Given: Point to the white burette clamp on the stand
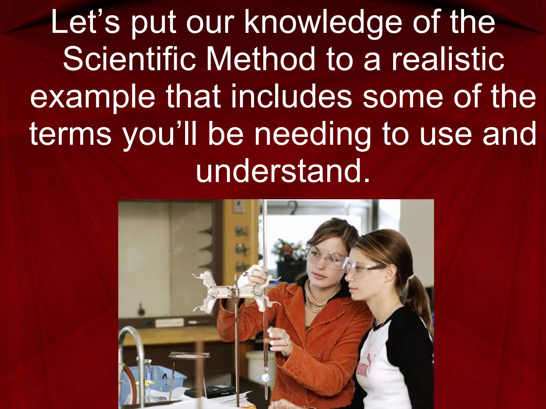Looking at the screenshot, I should click(x=229, y=290).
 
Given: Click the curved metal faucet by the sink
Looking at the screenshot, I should click(x=133, y=346).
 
